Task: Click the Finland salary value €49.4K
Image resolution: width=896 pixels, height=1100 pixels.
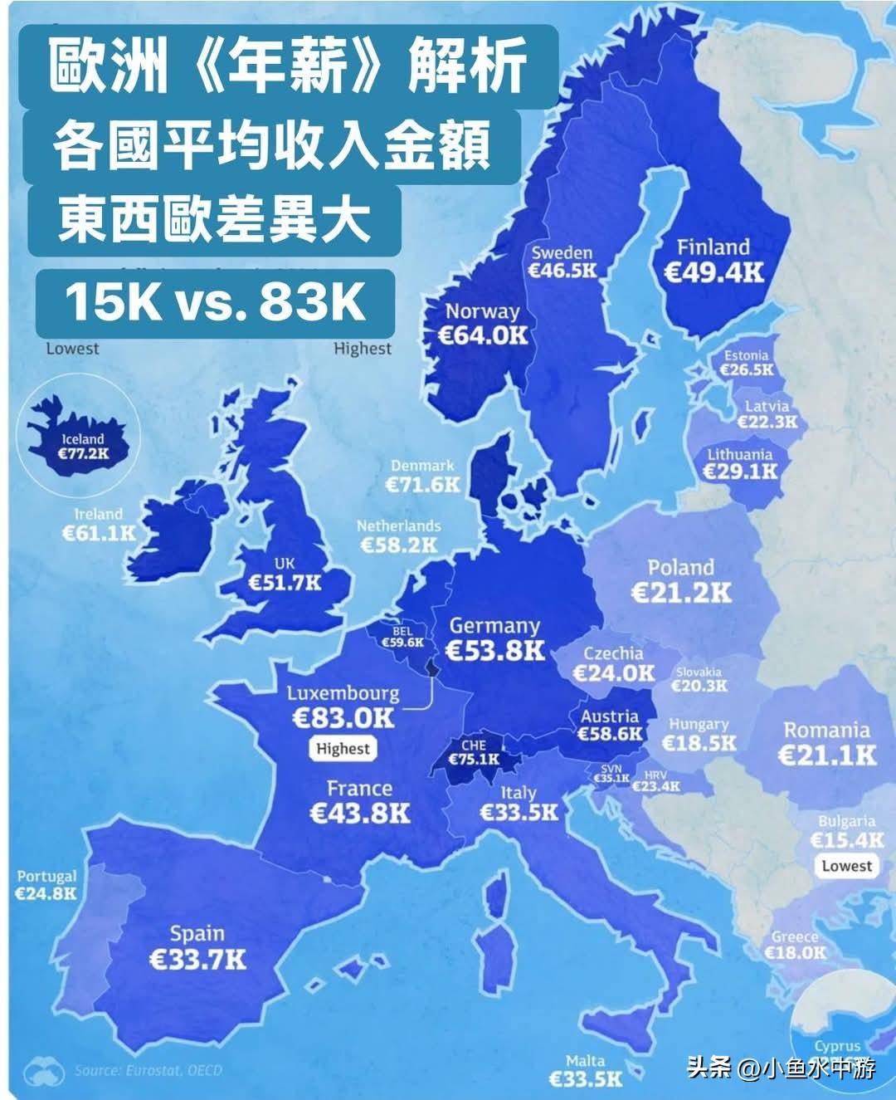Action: [714, 272]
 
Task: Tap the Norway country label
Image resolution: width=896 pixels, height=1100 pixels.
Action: [482, 311]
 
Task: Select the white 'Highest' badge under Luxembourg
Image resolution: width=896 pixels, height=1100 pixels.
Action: [343, 748]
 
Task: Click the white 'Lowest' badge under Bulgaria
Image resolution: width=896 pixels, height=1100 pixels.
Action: [846, 866]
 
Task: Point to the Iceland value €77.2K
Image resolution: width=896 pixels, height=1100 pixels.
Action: [83, 453]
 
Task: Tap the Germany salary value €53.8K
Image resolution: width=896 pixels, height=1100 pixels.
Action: [494, 650]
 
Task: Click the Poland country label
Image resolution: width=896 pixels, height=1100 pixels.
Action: [680, 568]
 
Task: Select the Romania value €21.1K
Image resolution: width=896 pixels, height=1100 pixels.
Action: [826, 755]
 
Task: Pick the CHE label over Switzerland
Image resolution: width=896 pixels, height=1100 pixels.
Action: [474, 746]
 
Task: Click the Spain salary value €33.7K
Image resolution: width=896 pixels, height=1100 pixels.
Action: [197, 960]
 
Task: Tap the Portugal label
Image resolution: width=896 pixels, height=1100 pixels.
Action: [46, 876]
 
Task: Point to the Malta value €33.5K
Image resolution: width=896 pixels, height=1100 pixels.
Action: [586, 1078]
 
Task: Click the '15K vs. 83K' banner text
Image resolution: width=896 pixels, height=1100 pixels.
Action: [215, 302]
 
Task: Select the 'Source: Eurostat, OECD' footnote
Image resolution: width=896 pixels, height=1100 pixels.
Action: [149, 1070]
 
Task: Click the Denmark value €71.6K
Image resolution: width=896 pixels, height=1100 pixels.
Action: [423, 484]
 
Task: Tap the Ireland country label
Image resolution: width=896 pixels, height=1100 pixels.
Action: [98, 515]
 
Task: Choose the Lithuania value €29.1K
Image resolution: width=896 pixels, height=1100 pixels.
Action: [740, 471]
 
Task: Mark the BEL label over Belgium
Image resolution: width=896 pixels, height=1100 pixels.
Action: [402, 631]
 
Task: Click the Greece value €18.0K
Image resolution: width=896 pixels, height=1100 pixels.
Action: [795, 952]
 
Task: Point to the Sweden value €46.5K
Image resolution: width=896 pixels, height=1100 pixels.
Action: [562, 271]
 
